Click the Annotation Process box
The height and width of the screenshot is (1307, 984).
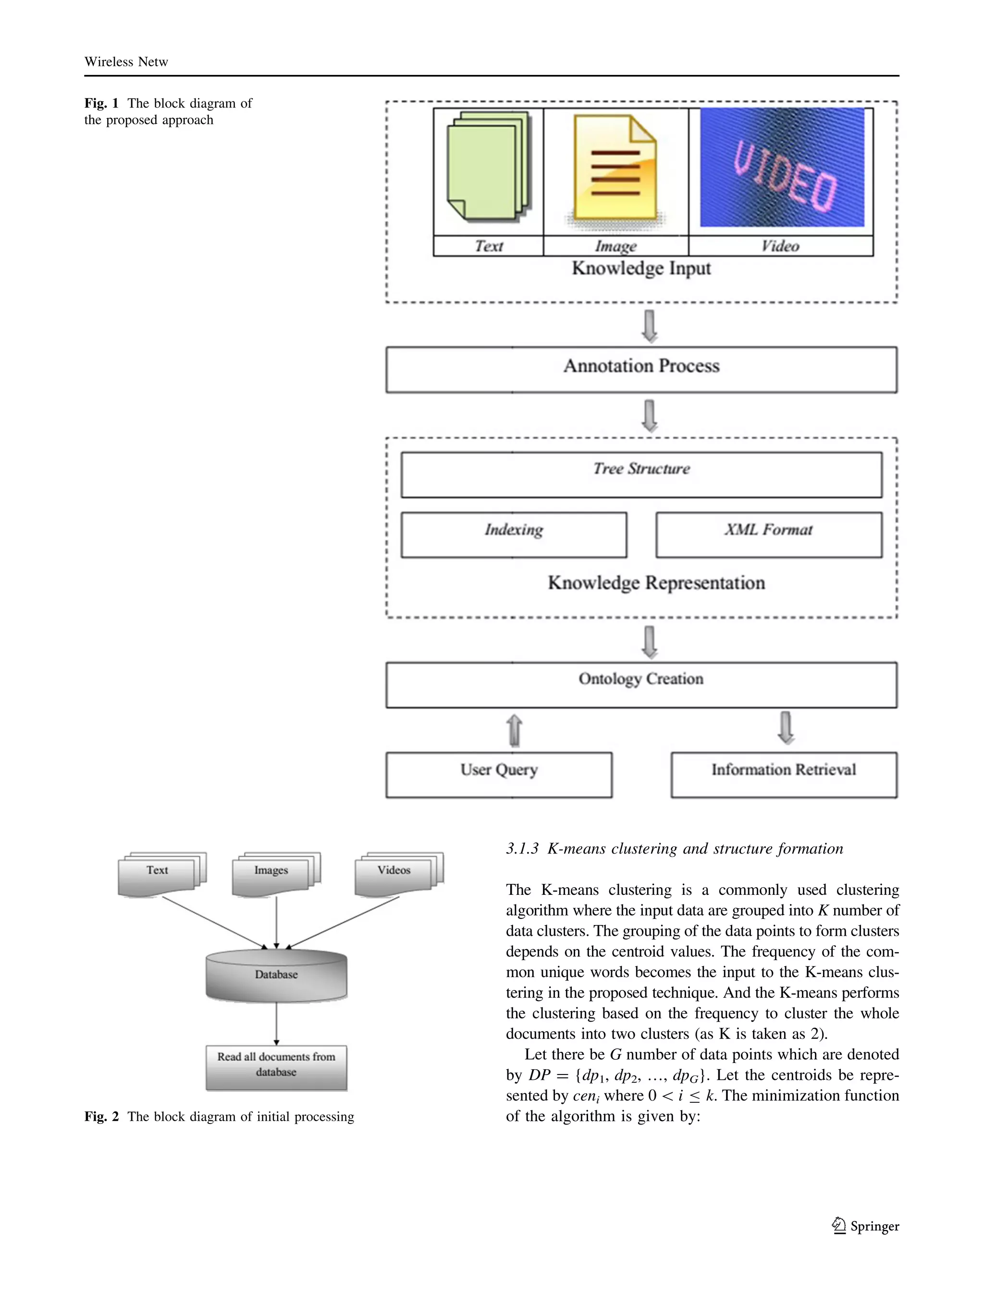tap(641, 369)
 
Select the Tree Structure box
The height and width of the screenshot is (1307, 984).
tap(641, 475)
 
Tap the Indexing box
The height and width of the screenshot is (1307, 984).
tap(514, 534)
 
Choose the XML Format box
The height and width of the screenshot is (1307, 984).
tap(768, 534)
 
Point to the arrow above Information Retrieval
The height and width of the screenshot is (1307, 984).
tap(786, 727)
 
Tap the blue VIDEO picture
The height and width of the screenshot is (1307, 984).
tap(781, 167)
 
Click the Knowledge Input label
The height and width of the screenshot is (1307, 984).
tap(641, 268)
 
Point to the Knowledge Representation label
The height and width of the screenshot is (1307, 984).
tap(656, 583)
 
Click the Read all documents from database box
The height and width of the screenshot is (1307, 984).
tap(276, 1067)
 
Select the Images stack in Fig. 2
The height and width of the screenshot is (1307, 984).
tap(275, 873)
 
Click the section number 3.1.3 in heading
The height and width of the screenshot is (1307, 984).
tap(522, 849)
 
